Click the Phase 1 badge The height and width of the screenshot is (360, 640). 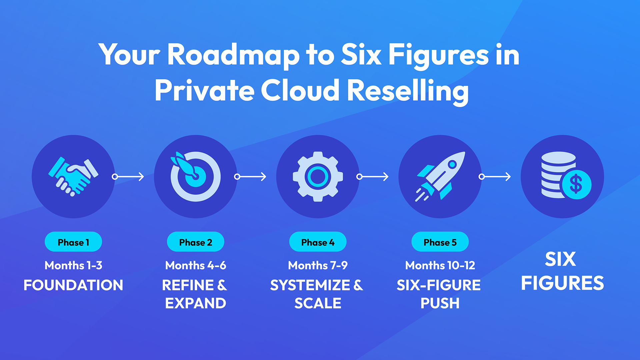tap(73, 242)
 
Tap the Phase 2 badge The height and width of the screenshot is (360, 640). tap(196, 242)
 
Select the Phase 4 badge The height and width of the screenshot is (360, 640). tap(318, 242)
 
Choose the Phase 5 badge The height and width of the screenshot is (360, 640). tap(440, 242)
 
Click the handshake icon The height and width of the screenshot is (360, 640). tap(73, 176)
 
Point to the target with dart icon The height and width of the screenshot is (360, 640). tap(195, 176)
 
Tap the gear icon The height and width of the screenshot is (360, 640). tap(318, 176)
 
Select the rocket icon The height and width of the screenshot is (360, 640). tap(440, 176)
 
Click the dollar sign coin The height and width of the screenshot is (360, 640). tap(576, 184)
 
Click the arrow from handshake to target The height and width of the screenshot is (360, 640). tap(128, 176)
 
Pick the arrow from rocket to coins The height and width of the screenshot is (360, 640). tap(495, 176)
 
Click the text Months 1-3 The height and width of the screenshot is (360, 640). tap(73, 265)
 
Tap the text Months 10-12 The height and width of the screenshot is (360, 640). tap(440, 265)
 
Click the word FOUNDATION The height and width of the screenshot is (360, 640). tap(73, 285)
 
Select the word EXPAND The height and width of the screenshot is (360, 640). tap(196, 303)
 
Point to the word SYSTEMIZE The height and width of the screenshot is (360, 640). tap(310, 285)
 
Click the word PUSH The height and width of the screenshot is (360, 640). tap(440, 303)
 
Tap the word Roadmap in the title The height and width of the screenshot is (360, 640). tap(233, 55)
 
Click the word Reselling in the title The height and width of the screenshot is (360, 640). tap(408, 91)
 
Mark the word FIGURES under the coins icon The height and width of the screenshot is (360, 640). tap(562, 283)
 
